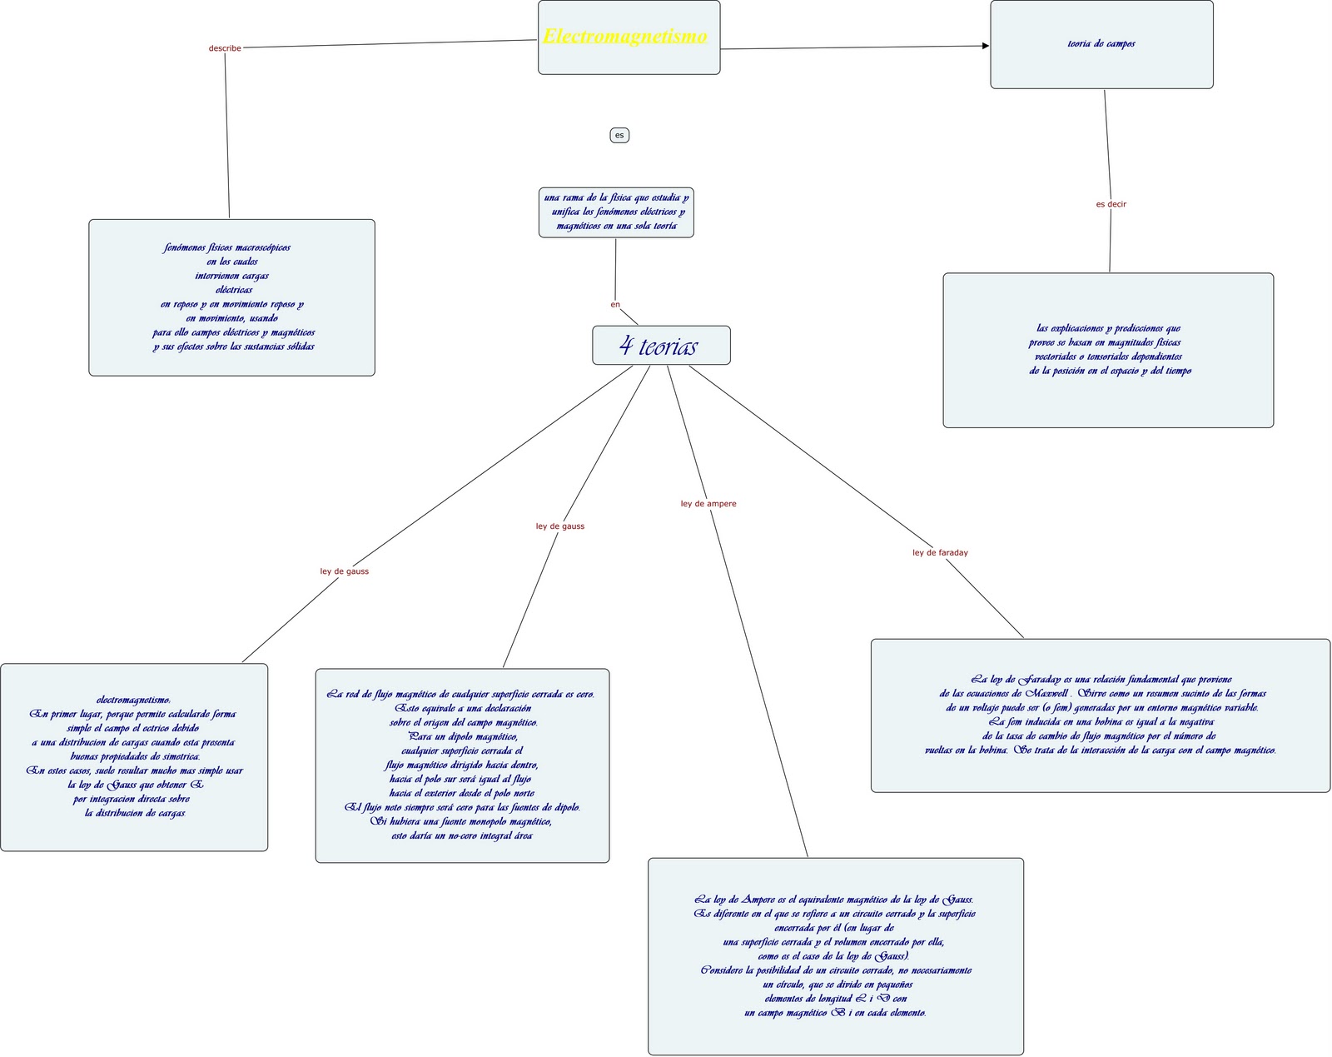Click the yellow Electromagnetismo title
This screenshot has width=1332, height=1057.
click(625, 37)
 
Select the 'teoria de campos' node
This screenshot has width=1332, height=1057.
click(1101, 44)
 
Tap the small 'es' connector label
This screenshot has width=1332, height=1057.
click(619, 135)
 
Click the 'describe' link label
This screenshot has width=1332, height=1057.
click(225, 48)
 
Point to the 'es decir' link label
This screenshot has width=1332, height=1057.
click(1111, 204)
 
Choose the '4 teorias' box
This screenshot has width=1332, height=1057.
click(661, 346)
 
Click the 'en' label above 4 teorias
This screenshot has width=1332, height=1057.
click(615, 305)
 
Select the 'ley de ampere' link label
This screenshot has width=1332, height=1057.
click(708, 504)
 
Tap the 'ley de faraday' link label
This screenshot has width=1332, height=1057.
click(940, 553)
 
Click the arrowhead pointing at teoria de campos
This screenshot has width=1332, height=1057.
click(986, 46)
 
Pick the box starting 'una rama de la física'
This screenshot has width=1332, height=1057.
click(616, 212)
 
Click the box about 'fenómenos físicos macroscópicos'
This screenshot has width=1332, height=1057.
click(231, 297)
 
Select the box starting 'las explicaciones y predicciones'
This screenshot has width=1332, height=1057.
click(1108, 350)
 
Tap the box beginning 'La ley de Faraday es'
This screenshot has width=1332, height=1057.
click(1100, 715)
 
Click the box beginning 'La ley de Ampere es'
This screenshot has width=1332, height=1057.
click(835, 956)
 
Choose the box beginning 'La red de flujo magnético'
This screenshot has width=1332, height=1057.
click(462, 765)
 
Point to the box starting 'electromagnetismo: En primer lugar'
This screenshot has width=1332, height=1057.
click(134, 757)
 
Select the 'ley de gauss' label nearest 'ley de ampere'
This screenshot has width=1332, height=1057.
click(560, 526)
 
